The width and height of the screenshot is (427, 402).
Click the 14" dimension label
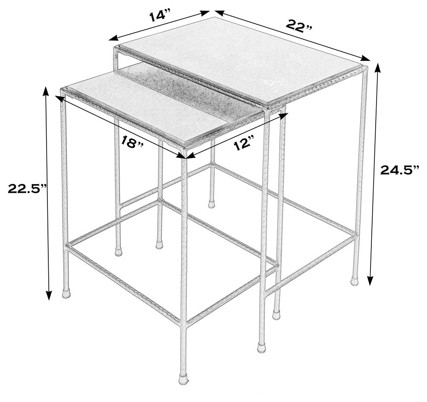[x=160, y=16]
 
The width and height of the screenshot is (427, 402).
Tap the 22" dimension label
[x=299, y=26]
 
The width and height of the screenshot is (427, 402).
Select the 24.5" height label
[x=400, y=171]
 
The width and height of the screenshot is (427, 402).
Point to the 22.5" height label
[x=27, y=188]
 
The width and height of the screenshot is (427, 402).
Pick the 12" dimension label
[x=243, y=144]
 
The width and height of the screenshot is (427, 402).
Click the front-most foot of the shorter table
[x=183, y=379]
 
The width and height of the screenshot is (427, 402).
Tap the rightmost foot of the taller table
[x=354, y=281]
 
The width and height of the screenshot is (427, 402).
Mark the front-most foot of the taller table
[x=262, y=348]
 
